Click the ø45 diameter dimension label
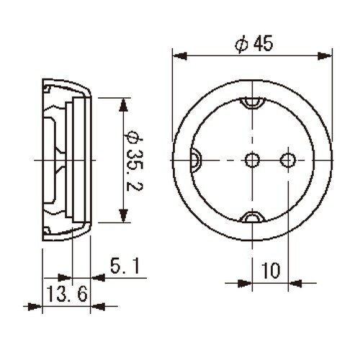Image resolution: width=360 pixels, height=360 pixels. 253,44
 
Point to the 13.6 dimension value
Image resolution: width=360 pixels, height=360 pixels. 66,294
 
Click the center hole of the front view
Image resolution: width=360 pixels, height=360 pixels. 253,159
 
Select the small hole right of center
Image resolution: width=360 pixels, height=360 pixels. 288,159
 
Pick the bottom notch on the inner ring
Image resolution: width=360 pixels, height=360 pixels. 253,217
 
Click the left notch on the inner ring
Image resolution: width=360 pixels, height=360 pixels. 195,159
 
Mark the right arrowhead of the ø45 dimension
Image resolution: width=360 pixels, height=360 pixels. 330,55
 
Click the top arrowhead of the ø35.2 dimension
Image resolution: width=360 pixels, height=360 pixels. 124,102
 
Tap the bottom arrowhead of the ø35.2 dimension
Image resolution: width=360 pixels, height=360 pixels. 124,218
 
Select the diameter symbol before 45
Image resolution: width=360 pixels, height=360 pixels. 240,44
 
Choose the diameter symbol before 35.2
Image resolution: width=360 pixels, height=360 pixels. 132,135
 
